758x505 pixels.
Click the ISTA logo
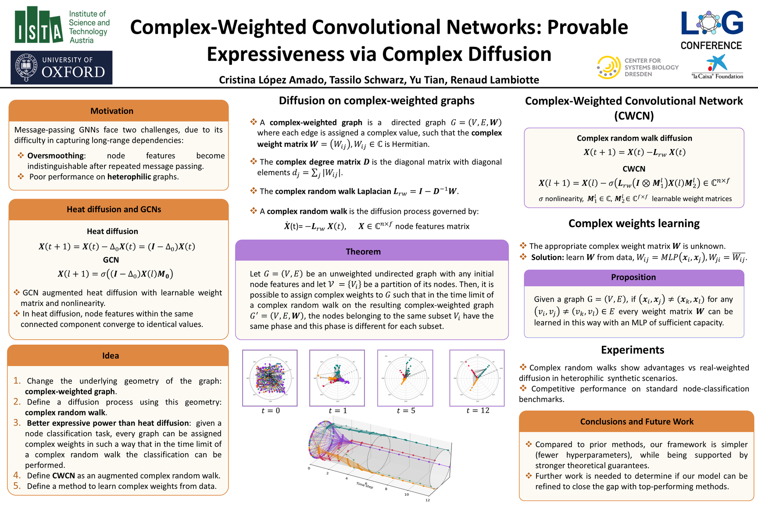[61, 25]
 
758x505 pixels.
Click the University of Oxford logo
[61, 68]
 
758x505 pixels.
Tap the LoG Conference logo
[712, 30]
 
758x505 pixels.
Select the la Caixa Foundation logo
[717, 67]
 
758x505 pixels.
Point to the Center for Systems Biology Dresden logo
[637, 68]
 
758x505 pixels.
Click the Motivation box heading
[112, 111]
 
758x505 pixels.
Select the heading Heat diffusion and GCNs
[114, 210]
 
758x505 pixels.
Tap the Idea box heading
[111, 356]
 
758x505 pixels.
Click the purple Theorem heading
[363, 252]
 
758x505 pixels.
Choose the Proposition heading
[633, 277]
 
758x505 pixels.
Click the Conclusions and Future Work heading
[636, 422]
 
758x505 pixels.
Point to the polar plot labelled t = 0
[270, 378]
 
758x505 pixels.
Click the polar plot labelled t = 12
[477, 378]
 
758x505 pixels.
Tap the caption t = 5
[406, 411]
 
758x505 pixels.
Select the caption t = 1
[338, 411]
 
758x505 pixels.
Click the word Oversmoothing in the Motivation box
[56, 156]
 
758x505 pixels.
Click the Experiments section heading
[633, 350]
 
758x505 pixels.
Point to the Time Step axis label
[365, 485]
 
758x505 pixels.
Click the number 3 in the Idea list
[17, 423]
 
